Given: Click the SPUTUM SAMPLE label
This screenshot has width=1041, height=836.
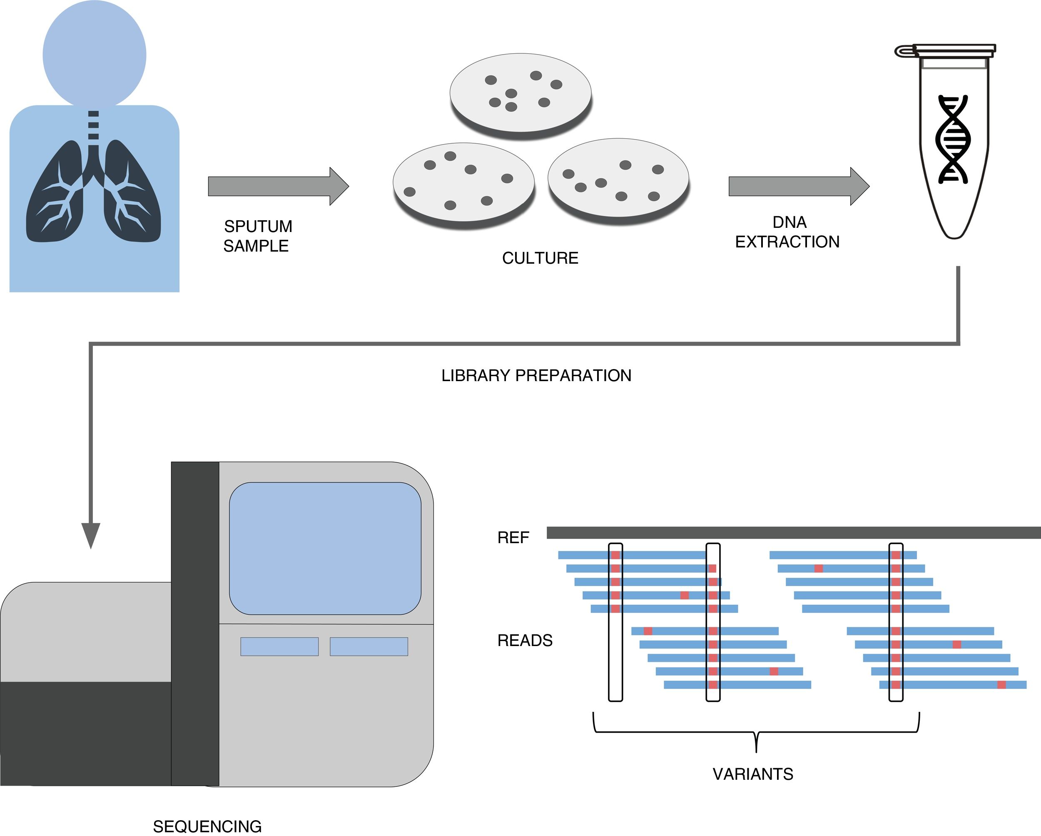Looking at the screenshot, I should (257, 236).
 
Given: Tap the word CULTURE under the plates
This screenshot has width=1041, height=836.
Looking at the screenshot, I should (540, 258).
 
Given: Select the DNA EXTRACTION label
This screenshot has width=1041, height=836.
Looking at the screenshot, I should (787, 232).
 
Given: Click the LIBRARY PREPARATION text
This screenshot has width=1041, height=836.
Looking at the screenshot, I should (536, 375).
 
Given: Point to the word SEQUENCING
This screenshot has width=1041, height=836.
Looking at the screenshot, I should (207, 826).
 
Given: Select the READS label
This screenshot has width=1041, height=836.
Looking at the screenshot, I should (525, 640).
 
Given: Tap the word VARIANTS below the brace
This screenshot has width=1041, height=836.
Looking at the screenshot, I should (753, 774).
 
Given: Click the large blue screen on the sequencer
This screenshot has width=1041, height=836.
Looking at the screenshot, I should (325, 548).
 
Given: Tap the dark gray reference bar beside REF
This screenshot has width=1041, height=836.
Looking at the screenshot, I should (792, 533).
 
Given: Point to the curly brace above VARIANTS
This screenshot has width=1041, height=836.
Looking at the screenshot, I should (756, 732).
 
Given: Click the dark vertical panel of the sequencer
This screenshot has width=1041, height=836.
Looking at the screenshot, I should (195, 623).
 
